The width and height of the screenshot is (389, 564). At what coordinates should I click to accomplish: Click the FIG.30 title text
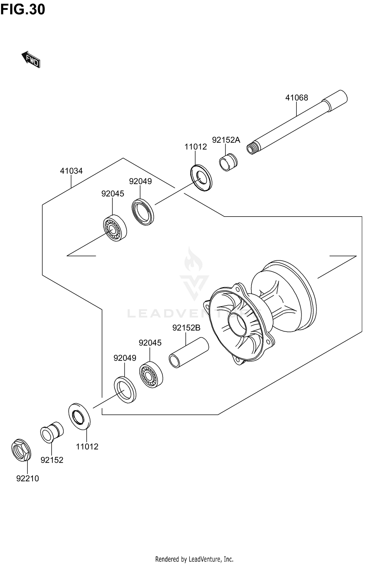23,10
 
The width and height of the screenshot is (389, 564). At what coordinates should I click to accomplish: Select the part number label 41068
296,98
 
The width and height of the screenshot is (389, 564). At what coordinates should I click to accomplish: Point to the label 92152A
226,140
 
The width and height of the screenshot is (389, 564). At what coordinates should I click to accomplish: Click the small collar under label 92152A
228,163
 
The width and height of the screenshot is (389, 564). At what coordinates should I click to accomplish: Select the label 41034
71,171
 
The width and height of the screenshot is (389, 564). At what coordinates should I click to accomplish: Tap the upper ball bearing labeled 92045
115,228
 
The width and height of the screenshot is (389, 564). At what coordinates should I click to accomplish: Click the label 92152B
186,328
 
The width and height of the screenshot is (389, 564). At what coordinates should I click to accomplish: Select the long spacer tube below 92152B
189,352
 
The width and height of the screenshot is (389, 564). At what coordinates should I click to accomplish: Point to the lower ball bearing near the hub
151,375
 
